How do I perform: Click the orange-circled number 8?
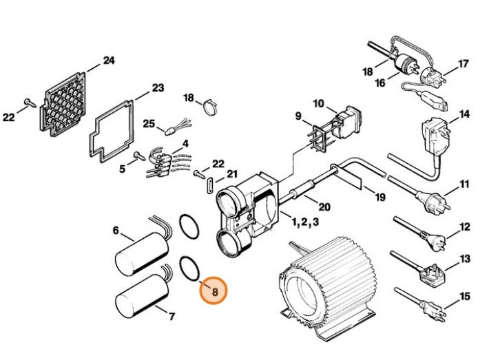214,292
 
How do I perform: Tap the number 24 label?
108,61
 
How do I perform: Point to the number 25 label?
149,123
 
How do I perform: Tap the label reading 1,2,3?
304,222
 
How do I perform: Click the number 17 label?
464,63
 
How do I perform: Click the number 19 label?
379,197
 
